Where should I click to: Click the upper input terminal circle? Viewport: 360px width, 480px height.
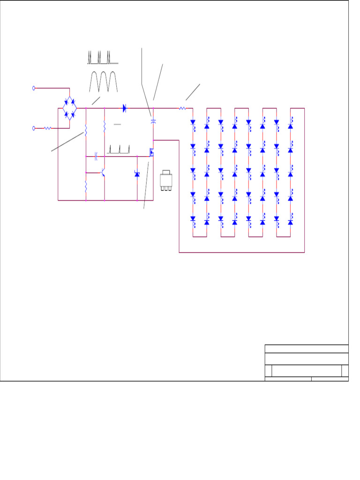pyautogui.click(x=34, y=88)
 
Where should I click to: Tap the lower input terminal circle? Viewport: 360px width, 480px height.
pyautogui.click(x=34, y=127)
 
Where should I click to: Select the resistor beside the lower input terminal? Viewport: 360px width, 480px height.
pyautogui.click(x=47, y=127)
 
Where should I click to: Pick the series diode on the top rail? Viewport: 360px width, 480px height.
pyautogui.click(x=125, y=108)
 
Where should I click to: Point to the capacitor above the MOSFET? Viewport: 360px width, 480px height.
pyautogui.click(x=153, y=121)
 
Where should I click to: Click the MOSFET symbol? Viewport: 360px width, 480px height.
pyautogui.click(x=151, y=152)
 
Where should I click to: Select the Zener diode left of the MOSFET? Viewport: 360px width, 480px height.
pyautogui.click(x=137, y=174)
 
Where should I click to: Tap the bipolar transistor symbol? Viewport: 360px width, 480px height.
pyautogui.click(x=103, y=173)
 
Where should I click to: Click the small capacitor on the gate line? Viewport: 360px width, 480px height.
pyautogui.click(x=96, y=154)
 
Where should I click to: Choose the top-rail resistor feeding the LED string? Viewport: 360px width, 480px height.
pyautogui.click(x=182, y=108)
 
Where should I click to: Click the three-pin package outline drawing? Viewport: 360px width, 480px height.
pyautogui.click(x=166, y=180)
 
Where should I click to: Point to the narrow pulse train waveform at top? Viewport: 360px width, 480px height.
pyautogui.click(x=103, y=58)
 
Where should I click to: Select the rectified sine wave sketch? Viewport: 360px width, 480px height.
pyautogui.click(x=103, y=82)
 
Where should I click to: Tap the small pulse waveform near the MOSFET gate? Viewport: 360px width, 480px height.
pyautogui.click(x=119, y=150)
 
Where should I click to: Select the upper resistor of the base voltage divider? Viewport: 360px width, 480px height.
pyautogui.click(x=86, y=129)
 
